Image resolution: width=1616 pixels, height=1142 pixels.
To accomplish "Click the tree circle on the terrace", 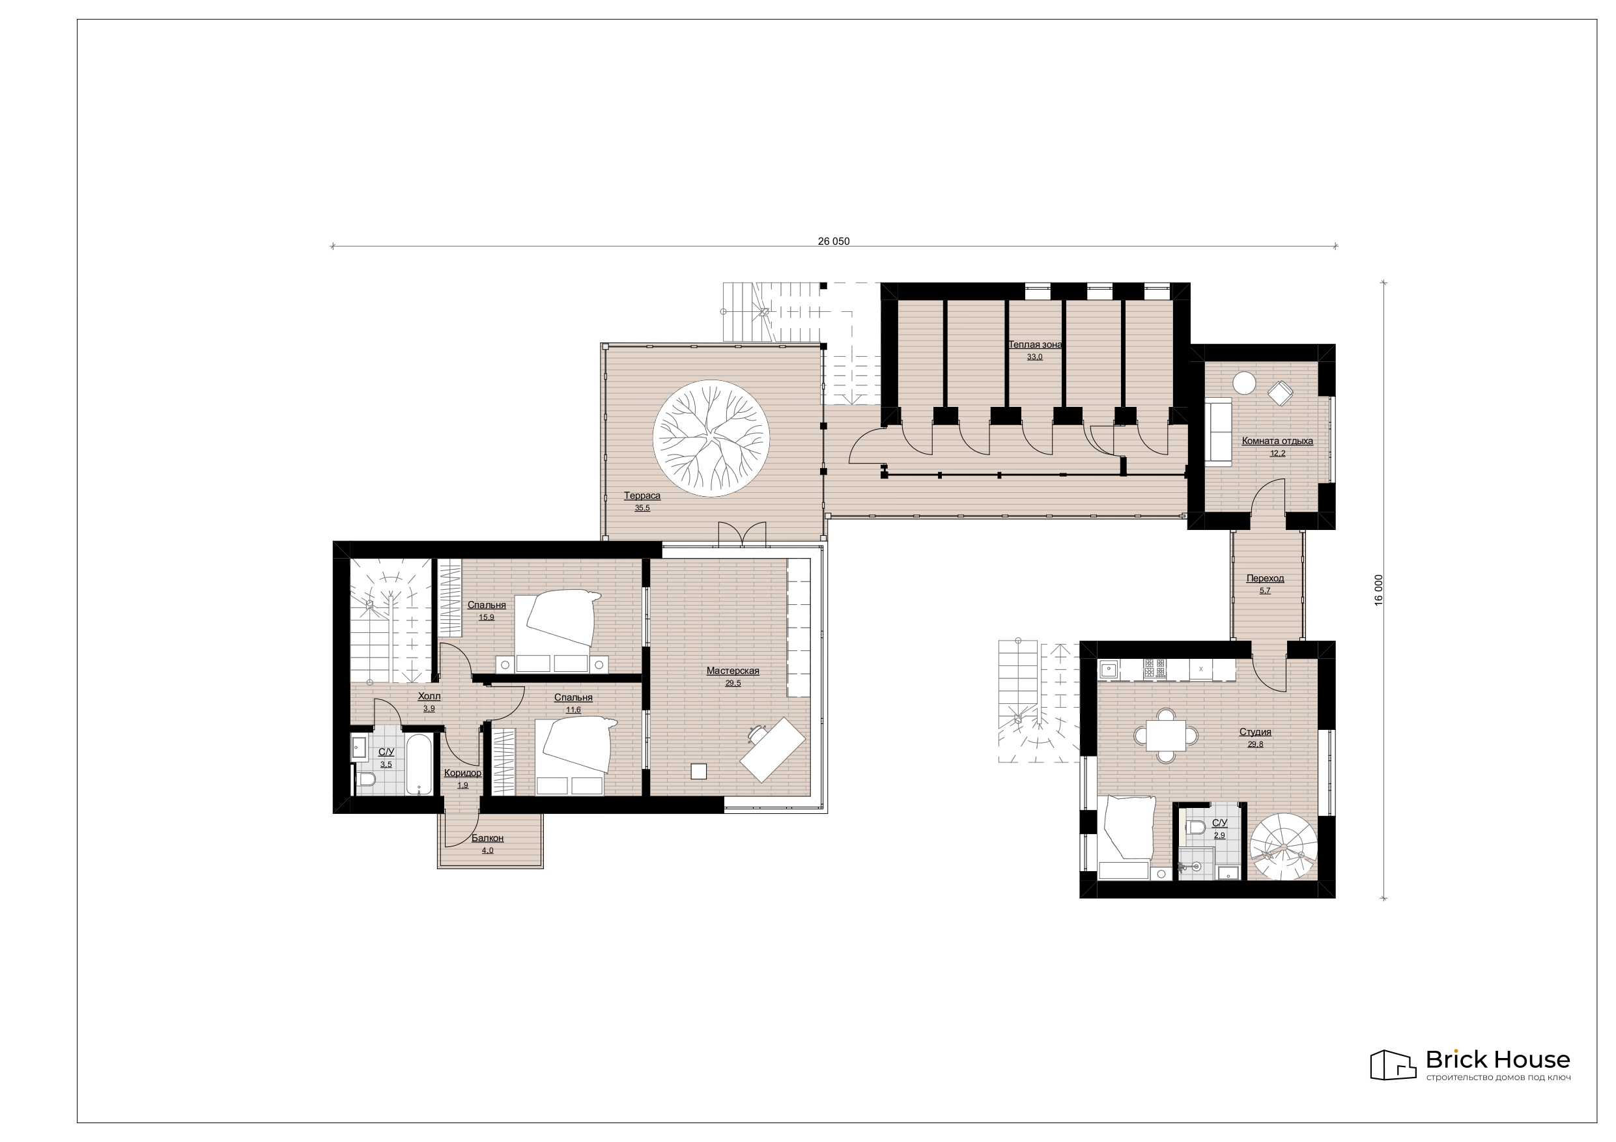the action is coord(711,438).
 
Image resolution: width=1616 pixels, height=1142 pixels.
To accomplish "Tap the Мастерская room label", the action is coord(733,671).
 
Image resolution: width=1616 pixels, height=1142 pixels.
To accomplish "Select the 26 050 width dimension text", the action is coord(833,242).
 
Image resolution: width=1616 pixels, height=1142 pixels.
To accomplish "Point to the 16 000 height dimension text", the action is coord(1379,590).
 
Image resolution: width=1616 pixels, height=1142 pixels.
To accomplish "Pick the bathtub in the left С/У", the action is coord(419,765).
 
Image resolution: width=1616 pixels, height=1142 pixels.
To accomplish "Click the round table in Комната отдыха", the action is coord(1243,383).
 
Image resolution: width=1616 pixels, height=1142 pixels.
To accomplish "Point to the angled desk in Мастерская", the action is coord(772,749).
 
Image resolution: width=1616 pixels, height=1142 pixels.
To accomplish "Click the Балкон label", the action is coord(488,838).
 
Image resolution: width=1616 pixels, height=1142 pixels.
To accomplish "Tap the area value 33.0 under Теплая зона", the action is coord(1034,357).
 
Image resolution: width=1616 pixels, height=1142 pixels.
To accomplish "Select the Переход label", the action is coord(1265,578).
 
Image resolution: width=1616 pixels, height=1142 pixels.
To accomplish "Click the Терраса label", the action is coord(642,495).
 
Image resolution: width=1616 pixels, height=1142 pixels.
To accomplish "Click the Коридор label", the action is coord(462,773).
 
